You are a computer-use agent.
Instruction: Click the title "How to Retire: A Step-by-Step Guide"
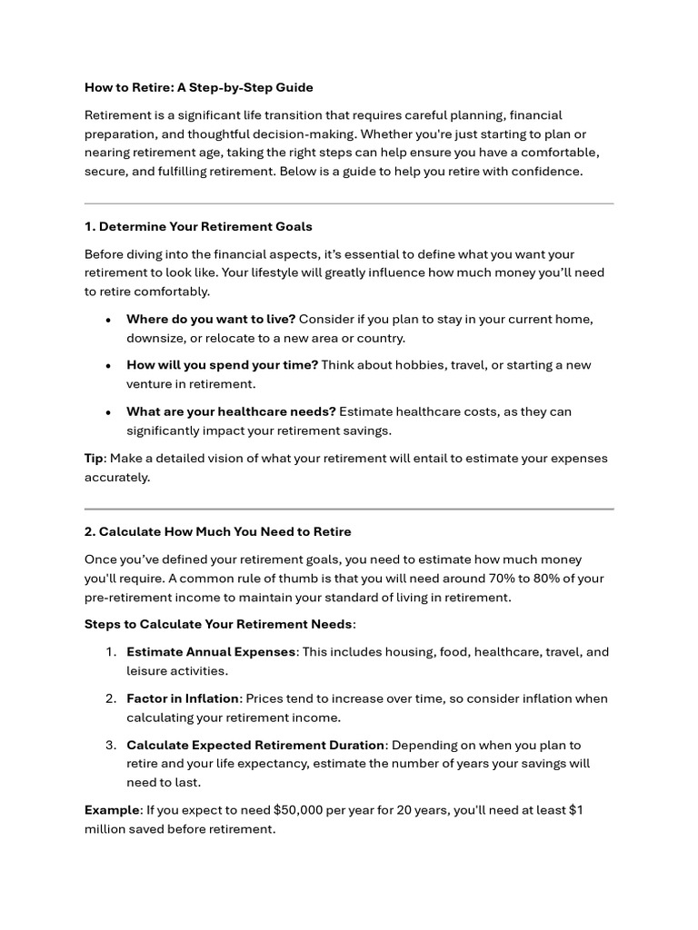(198, 88)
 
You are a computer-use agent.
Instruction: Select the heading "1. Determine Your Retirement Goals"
(198, 226)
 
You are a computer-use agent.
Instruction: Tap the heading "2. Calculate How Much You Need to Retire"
(218, 531)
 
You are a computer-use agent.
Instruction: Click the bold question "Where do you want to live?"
(211, 319)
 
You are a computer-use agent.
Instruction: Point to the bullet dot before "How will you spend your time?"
(108, 365)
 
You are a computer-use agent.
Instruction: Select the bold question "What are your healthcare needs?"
(231, 411)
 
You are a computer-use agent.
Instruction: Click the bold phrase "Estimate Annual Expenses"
(211, 652)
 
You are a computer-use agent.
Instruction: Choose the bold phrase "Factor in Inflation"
(183, 698)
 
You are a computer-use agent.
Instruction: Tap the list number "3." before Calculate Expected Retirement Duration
(110, 745)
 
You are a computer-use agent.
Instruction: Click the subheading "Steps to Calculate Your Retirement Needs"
(218, 624)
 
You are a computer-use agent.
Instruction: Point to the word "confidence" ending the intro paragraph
(548, 171)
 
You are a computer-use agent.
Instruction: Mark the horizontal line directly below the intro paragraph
(349, 203)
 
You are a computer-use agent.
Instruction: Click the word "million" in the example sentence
(106, 828)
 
